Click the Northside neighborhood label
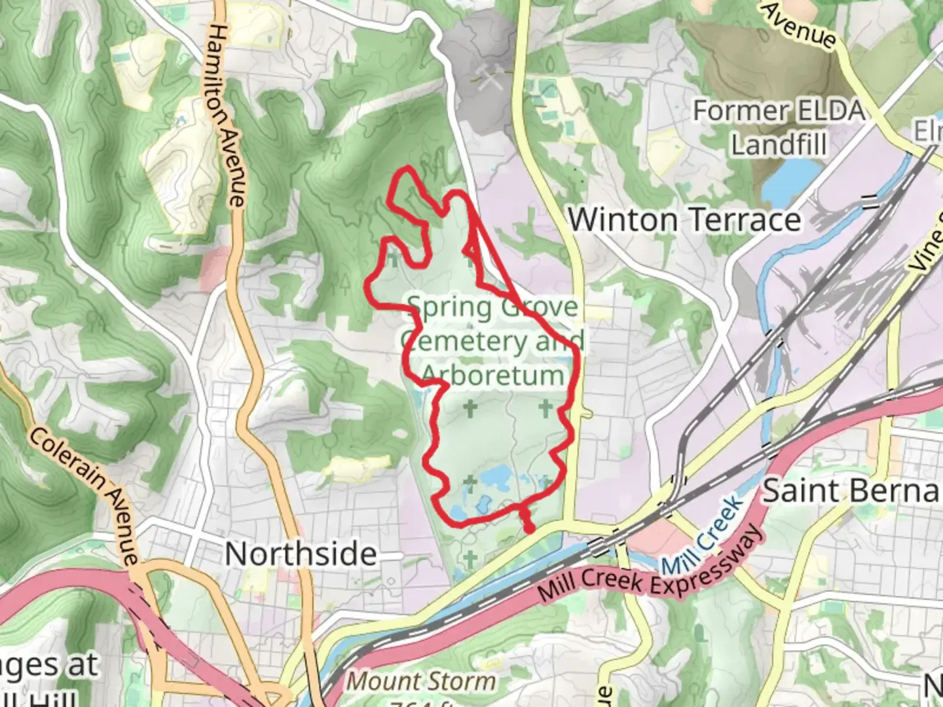coord(301,554)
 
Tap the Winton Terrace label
coord(684,219)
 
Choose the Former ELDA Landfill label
coord(779,127)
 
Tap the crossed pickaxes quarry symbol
coord(489,78)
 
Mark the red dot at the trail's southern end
coord(528,527)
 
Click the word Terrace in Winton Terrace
coord(742,219)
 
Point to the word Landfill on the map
coord(779,144)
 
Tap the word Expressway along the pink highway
coord(701,557)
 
